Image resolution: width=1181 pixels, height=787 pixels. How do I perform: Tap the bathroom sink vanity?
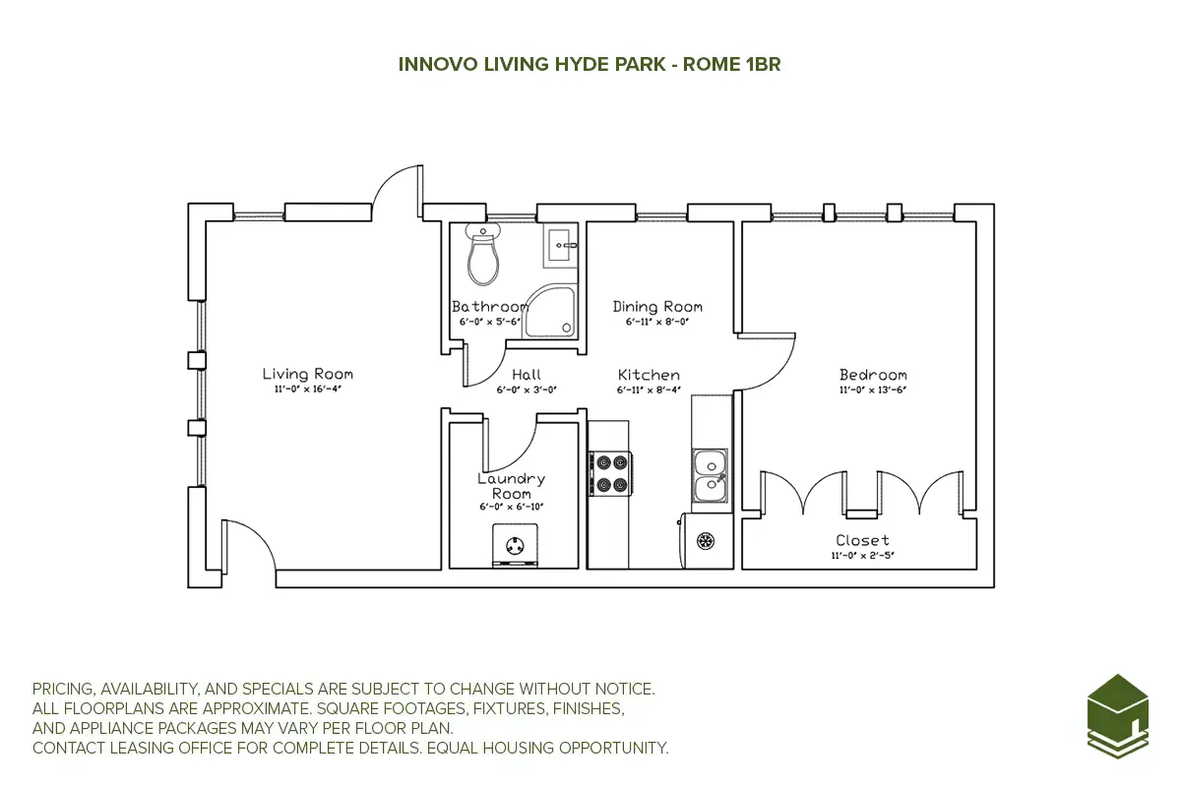click(561, 243)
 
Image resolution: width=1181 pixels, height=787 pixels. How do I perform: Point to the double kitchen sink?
click(710, 475)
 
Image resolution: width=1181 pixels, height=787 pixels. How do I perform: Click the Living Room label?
click(307, 374)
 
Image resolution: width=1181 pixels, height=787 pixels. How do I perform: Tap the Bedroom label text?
click(873, 375)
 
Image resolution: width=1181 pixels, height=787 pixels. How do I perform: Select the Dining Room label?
click(657, 307)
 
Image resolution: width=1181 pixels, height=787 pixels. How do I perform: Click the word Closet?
click(862, 540)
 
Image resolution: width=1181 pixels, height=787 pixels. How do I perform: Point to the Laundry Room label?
click(511, 486)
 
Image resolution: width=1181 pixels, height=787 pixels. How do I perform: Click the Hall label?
click(527, 375)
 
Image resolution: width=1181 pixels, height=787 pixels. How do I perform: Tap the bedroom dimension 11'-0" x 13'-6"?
click(873, 390)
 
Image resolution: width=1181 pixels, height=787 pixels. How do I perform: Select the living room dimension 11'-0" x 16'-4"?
click(307, 390)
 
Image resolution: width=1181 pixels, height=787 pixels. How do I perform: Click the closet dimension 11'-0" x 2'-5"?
click(862, 555)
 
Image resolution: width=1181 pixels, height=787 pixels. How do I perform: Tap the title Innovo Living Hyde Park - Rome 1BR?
click(590, 64)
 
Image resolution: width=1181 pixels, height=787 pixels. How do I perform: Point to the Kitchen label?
click(649, 375)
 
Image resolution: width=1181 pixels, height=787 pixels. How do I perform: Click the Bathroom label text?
click(489, 307)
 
